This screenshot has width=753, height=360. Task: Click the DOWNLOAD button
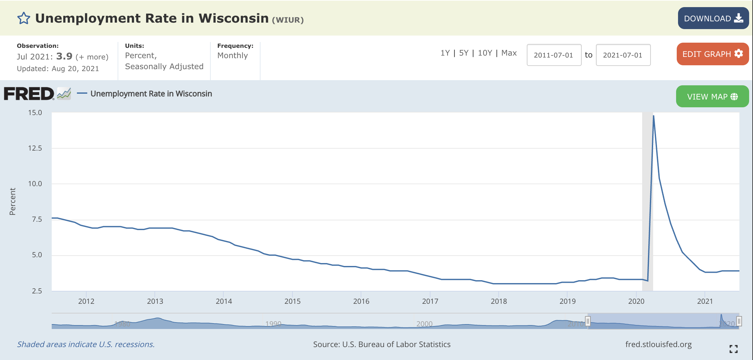pos(713,18)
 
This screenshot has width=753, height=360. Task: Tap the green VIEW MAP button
pos(712,96)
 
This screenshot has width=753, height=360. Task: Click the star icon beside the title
pos(24,18)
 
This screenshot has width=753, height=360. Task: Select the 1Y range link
pos(445,53)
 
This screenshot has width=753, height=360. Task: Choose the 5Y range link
pos(464,53)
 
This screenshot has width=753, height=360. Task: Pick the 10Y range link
pos(485,53)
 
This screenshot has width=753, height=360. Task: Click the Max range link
pos(509,53)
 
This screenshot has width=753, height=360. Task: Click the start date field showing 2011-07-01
pos(554,55)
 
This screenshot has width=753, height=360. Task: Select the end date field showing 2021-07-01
pos(623,55)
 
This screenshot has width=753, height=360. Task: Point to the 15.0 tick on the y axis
pos(35,113)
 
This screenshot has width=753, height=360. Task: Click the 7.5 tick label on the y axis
pos(37,219)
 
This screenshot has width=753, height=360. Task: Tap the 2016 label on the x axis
pos(361,301)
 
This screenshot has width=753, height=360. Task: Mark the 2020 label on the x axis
pos(636,301)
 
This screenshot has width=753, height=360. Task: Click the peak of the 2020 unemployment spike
pos(653,116)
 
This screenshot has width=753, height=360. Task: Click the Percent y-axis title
pos(12,201)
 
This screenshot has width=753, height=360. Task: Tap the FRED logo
pos(29,94)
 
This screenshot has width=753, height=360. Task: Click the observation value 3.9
pos(64,56)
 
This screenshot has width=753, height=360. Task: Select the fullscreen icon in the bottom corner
pos(733,349)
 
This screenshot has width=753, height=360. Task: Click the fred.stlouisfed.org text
pos(658,344)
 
